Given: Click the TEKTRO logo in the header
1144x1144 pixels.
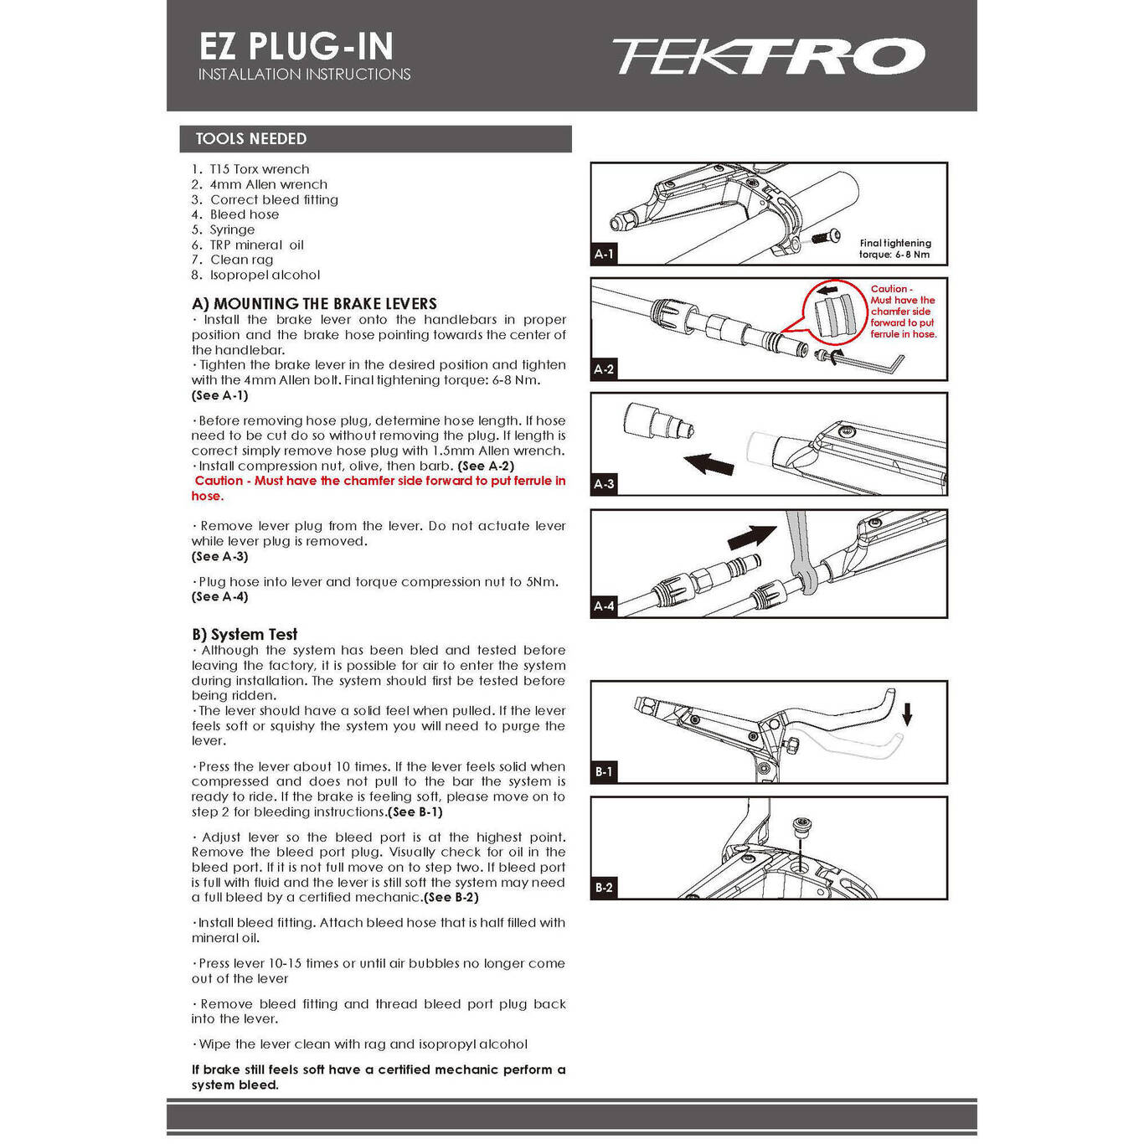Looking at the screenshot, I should tap(767, 56).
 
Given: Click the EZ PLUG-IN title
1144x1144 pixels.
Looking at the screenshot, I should tap(296, 46).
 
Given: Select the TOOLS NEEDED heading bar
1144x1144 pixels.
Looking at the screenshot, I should tap(375, 139).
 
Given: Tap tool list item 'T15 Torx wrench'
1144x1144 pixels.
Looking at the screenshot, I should tap(259, 169).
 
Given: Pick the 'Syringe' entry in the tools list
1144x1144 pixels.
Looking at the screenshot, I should tap(232, 229).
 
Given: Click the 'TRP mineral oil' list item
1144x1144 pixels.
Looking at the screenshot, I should tap(256, 245).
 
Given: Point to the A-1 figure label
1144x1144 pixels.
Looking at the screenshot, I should tap(604, 254).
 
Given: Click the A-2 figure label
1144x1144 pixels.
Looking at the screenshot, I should tap(604, 368).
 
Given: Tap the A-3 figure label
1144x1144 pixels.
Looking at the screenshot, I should tap(604, 483).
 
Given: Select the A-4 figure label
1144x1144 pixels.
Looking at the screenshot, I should tap(604, 605).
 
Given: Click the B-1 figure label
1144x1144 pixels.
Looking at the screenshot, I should tap(604, 771).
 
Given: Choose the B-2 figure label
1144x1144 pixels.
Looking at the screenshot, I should tap(604, 887).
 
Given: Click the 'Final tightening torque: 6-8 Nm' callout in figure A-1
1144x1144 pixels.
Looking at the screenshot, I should tap(894, 249).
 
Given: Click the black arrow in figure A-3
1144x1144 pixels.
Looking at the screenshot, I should tap(709, 463).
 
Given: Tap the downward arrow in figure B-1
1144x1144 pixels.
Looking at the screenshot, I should tap(907, 714).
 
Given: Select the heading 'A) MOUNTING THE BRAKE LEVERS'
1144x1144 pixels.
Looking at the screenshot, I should tap(314, 304).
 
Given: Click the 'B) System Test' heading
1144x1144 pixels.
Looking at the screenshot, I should tap(245, 635).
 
